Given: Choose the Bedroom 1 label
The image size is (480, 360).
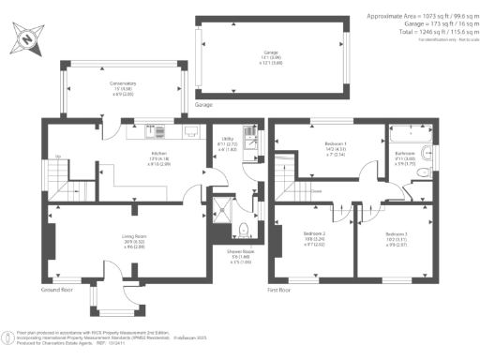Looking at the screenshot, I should pyautogui.click(x=322, y=144).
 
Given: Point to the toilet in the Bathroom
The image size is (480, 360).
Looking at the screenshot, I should pyautogui.click(x=424, y=172).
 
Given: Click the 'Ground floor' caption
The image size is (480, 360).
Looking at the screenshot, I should pyautogui.click(x=58, y=290).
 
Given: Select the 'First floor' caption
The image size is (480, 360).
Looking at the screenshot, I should pyautogui.click(x=283, y=290).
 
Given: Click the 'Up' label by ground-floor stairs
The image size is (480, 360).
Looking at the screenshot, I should pyautogui.click(x=58, y=157).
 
